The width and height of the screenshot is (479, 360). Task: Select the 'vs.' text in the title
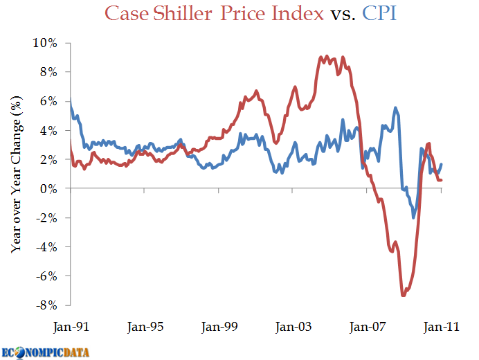[343, 13]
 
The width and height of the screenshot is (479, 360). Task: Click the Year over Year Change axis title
[18, 174]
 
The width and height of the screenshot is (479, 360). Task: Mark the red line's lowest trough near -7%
[404, 296]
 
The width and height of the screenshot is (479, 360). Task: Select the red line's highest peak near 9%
[327, 56]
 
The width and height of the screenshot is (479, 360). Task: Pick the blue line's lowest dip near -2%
[414, 217]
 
